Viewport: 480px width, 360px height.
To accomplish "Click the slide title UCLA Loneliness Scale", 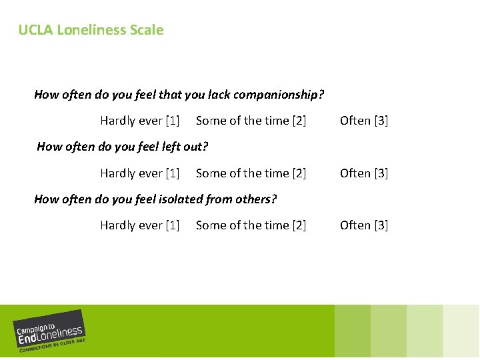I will tap(91, 30).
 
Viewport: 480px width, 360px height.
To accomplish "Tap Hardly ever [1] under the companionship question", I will tap(140, 121).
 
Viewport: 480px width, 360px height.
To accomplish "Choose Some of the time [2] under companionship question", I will tap(251, 121).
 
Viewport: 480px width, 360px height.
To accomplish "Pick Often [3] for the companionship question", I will tap(364, 121).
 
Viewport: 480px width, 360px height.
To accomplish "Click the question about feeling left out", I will tap(123, 147).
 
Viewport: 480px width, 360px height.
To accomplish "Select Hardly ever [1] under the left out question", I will tap(140, 173).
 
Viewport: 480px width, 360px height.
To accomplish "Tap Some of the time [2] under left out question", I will tap(251, 173).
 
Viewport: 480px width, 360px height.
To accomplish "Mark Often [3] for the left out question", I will tap(364, 173).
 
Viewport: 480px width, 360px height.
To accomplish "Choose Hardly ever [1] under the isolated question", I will tap(140, 225).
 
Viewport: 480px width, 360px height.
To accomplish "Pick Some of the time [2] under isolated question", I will tap(251, 225).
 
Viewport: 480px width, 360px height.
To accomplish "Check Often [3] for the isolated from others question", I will tap(364, 225).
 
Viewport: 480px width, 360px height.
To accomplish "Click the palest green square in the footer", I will tap(461, 331).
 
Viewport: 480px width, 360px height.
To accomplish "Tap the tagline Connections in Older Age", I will tap(52, 345).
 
